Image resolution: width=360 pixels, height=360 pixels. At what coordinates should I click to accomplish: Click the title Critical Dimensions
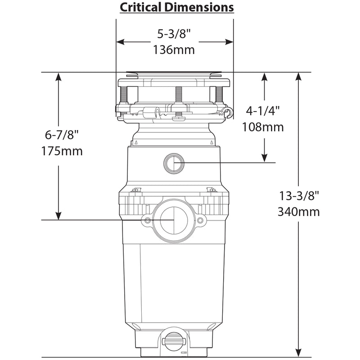(176, 8)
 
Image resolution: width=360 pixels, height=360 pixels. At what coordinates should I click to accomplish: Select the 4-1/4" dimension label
(264, 111)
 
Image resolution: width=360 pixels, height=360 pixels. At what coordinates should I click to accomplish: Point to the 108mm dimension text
(263, 127)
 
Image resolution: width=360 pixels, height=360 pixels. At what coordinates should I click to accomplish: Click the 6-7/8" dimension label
(63, 135)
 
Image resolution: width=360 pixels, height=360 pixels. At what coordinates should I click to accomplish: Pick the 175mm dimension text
(63, 151)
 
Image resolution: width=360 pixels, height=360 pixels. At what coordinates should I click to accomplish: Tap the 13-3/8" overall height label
(300, 196)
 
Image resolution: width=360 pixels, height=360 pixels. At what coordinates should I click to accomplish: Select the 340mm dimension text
(300, 211)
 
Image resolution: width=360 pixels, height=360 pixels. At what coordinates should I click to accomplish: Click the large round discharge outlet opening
(174, 220)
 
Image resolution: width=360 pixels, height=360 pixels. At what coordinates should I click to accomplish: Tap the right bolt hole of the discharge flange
(200, 220)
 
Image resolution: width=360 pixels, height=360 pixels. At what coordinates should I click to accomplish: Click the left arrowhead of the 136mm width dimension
(120, 42)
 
